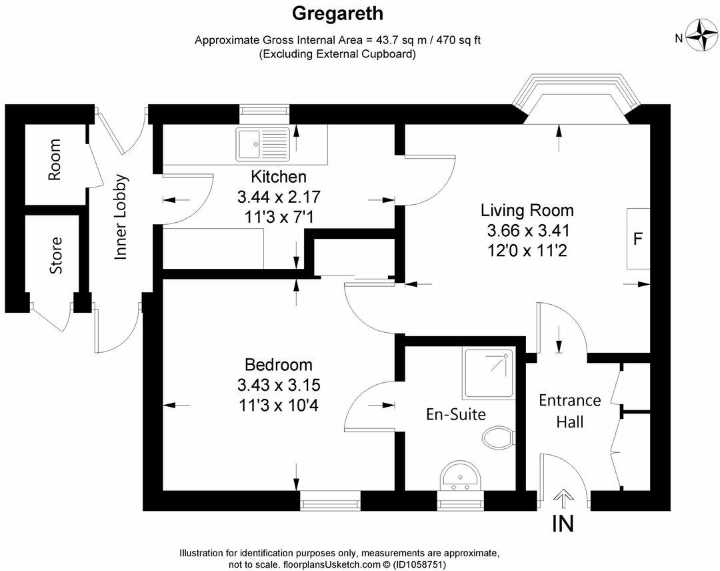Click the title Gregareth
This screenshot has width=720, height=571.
[x=337, y=13]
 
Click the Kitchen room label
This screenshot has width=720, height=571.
[x=279, y=177]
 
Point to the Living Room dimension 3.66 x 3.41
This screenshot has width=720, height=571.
[x=527, y=231]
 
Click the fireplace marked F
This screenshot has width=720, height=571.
[x=637, y=239]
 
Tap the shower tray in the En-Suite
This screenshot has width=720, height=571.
[x=489, y=374]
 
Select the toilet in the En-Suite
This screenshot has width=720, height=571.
[x=498, y=438]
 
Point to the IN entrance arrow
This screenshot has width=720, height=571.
[x=563, y=498]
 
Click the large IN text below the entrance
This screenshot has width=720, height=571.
[x=563, y=524]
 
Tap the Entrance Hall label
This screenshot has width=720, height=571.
[x=569, y=411]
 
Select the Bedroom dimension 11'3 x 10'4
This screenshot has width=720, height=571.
[x=278, y=404]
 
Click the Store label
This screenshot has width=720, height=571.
[x=56, y=255]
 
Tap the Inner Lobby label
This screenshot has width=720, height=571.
[x=121, y=217]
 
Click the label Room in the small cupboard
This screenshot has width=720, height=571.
[x=55, y=160]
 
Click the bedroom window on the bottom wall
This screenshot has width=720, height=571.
[x=330, y=500]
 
